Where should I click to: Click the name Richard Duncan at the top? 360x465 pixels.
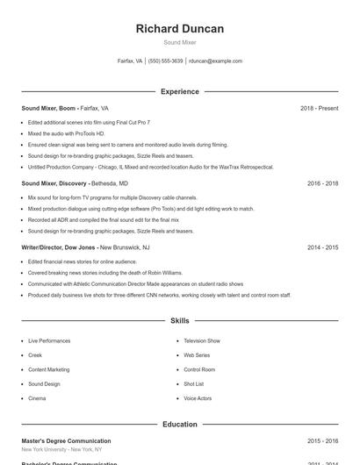[x=179, y=28]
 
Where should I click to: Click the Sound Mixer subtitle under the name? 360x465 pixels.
[x=179, y=42]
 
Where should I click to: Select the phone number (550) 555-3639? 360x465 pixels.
[x=165, y=61]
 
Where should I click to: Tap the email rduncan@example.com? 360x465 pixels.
[x=216, y=61]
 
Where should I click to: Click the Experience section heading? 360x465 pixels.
[x=179, y=91]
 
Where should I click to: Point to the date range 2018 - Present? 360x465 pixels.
[x=319, y=109]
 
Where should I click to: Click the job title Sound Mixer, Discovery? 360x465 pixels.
[x=54, y=184]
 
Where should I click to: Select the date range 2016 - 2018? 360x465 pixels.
[x=322, y=184]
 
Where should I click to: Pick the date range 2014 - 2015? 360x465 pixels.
[x=322, y=248]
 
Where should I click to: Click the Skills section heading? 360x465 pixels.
[x=179, y=321]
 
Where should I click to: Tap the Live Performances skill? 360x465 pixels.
[x=48, y=340]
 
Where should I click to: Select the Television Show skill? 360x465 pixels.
[x=201, y=340]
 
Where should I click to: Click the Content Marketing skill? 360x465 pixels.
[x=48, y=369]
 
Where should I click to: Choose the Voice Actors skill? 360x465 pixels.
[x=197, y=398]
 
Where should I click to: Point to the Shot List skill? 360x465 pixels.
[x=193, y=383]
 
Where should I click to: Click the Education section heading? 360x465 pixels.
[x=179, y=425]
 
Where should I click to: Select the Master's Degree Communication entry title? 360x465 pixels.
[x=66, y=441]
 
